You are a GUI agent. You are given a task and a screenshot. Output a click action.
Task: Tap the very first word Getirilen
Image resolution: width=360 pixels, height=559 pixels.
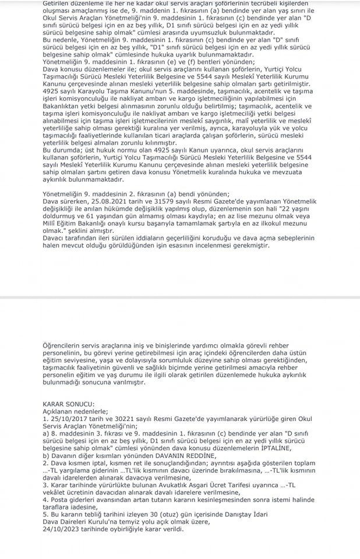[x=58, y=3]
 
